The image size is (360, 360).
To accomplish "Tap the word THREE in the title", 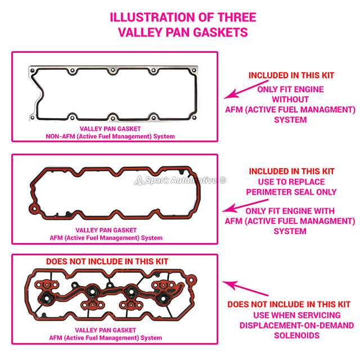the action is click(x=237, y=17).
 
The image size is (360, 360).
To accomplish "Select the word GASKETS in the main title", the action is click(x=220, y=32).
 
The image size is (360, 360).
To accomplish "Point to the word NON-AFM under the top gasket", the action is click(x=60, y=136).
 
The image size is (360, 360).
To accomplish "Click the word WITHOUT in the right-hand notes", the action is click(x=290, y=100).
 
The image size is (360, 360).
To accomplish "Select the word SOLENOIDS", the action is click(x=297, y=335).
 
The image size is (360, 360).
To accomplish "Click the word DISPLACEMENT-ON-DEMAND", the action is click(x=296, y=325).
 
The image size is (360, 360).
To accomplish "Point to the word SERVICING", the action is click(x=318, y=315).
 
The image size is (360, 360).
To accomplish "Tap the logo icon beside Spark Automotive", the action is click(x=139, y=181).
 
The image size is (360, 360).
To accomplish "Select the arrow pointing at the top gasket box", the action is click(x=246, y=89).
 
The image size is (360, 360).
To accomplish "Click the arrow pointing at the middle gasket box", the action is click(x=245, y=205).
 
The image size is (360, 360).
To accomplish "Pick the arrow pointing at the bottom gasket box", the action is click(x=245, y=289).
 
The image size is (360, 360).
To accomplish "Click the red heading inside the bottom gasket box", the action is click(x=107, y=262).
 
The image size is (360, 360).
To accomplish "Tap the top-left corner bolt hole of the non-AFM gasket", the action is click(x=33, y=70).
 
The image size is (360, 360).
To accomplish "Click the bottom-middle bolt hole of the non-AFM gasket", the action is click(x=112, y=118).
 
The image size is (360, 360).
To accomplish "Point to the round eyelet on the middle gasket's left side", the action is click(x=34, y=209).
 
